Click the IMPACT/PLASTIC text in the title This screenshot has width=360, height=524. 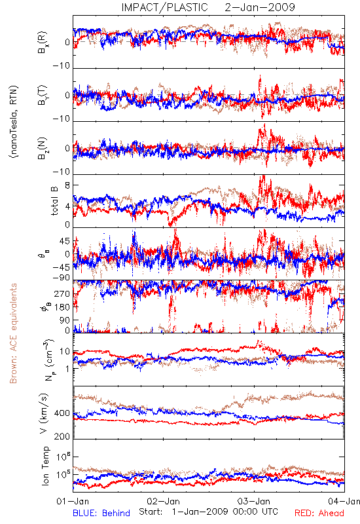(x=164, y=7)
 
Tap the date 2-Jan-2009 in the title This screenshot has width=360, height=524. (x=260, y=7)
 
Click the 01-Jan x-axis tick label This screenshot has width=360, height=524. (x=73, y=501)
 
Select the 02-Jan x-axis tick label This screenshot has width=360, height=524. (x=163, y=501)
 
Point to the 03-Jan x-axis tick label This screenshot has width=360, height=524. (x=254, y=501)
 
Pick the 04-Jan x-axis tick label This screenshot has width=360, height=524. (x=344, y=501)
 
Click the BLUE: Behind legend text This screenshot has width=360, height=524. (x=101, y=513)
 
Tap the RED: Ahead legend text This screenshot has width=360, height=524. (x=319, y=513)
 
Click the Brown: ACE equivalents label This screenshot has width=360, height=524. (x=13, y=333)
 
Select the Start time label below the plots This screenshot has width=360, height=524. (x=208, y=512)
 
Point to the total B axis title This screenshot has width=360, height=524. (x=55, y=201)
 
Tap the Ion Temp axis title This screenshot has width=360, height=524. (x=45, y=466)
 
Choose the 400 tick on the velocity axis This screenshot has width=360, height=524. (x=62, y=413)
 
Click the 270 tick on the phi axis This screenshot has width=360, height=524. (x=62, y=293)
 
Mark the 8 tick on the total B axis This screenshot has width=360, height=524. (x=67, y=185)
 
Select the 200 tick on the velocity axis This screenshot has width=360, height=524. (x=62, y=436)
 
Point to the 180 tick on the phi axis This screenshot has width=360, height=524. (x=62, y=307)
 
